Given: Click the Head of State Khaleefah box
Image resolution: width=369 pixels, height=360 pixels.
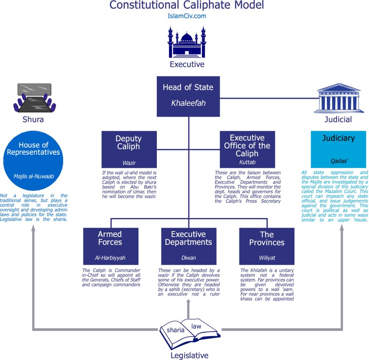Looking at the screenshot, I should (188, 96).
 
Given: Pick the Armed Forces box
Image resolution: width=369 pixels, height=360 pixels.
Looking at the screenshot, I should (110, 246).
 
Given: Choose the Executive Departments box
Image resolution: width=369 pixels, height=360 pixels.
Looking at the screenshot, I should (188, 246).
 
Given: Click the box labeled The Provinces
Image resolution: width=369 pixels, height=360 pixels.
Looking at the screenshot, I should (267, 246).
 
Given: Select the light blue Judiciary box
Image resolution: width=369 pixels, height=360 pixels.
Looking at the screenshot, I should (338, 149).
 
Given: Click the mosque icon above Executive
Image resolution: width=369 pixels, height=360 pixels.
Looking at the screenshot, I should (187, 42).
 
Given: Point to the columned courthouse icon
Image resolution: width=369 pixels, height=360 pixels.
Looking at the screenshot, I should (338, 98).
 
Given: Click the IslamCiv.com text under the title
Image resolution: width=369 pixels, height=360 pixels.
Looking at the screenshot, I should (187, 16).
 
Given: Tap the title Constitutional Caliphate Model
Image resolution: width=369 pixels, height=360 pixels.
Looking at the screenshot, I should (187, 6).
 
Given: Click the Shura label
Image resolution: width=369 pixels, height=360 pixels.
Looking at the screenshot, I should (33, 120).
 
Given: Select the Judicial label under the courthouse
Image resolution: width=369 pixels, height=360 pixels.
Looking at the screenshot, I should (338, 119).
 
